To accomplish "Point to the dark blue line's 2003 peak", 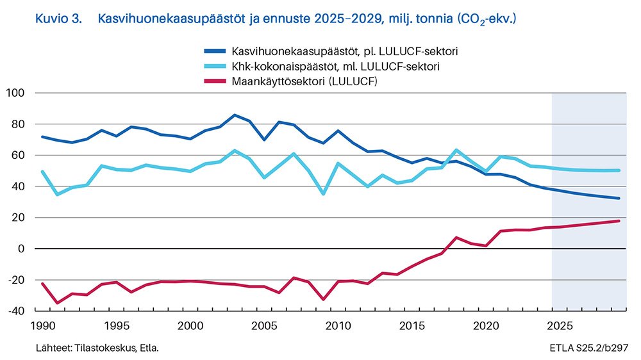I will click(x=235, y=115).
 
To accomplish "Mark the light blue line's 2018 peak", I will click(x=456, y=150).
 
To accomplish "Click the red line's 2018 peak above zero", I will click(x=456, y=238).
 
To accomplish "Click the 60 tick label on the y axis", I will click(x=17, y=156).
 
